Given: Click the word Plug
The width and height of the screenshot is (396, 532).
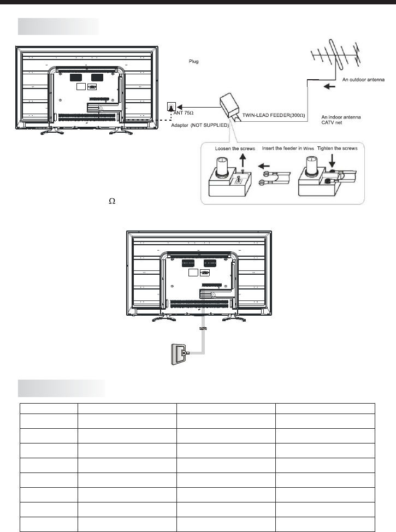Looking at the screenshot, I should pyautogui.click(x=193, y=62).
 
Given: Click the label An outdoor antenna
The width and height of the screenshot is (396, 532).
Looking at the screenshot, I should pyautogui.click(x=364, y=79).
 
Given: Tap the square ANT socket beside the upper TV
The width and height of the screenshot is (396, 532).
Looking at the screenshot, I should pyautogui.click(x=171, y=105).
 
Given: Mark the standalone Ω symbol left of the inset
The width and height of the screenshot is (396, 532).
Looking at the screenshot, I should pyautogui.click(x=113, y=201).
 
